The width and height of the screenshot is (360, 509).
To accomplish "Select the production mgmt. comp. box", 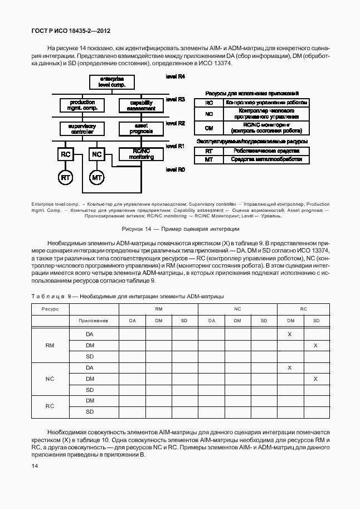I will [82, 105].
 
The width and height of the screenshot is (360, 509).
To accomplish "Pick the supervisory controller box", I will [82, 129].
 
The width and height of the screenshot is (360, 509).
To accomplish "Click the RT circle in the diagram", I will [66, 178].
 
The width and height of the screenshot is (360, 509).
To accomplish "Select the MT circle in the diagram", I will [97, 178].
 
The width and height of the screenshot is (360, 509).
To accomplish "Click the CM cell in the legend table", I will [209, 128].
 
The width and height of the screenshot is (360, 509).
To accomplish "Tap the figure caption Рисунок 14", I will [180, 229].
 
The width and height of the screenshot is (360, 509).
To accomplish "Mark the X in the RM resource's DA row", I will [290, 334].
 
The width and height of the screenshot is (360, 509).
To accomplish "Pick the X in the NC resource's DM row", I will [315, 379].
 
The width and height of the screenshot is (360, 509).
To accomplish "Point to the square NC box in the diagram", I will [97, 154].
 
